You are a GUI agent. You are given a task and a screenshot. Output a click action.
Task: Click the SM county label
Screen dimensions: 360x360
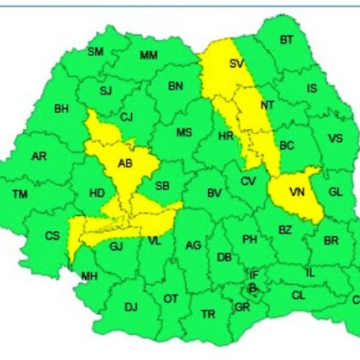(x=96, y=51)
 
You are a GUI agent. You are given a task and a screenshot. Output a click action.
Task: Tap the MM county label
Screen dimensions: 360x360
(x=149, y=55)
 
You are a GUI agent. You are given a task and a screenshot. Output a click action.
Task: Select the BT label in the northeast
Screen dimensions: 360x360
(x=286, y=40)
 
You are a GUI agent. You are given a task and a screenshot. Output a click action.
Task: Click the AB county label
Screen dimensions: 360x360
(x=125, y=163)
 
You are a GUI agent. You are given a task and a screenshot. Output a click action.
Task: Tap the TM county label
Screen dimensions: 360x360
(x=20, y=193)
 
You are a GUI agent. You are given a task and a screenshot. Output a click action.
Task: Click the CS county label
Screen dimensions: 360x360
(x=53, y=235)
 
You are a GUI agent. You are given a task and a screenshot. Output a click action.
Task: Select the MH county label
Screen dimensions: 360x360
(x=89, y=276)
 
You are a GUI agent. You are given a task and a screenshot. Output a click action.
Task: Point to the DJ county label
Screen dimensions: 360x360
(x=130, y=307)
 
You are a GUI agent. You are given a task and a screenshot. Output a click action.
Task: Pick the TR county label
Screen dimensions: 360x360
(x=208, y=314)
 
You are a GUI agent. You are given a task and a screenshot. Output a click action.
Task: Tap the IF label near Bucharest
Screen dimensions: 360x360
(x=253, y=274)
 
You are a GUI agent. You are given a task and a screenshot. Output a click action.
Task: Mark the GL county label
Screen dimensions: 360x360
(x=335, y=192)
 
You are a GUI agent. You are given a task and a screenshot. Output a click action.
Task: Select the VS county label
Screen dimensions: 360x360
(x=336, y=138)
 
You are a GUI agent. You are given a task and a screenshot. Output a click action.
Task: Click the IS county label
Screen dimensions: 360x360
(x=312, y=89)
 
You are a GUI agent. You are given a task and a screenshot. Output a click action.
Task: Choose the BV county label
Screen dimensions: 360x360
(x=214, y=193)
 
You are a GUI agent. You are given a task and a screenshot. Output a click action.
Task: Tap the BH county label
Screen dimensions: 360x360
(x=61, y=110)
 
